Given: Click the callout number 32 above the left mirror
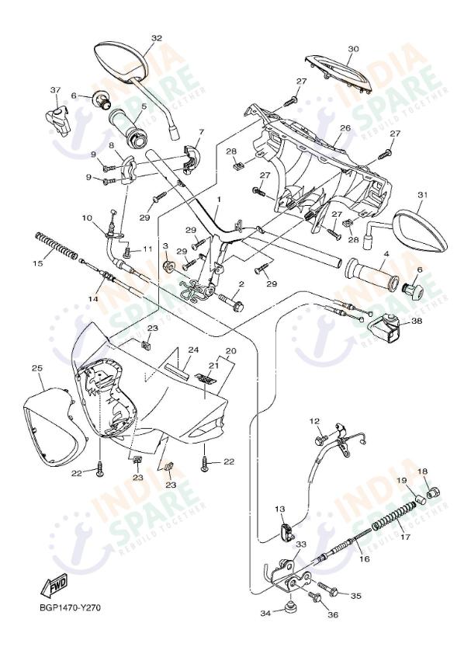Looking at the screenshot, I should [157, 38].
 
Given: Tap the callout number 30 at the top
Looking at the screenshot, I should [353, 48].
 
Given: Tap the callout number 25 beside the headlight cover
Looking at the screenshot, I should [36, 367].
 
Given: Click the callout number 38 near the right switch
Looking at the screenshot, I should [417, 321].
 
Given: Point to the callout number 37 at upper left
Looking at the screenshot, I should [55, 90].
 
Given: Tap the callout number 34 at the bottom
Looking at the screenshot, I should [266, 614].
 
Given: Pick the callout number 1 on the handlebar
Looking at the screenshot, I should [220, 200].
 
